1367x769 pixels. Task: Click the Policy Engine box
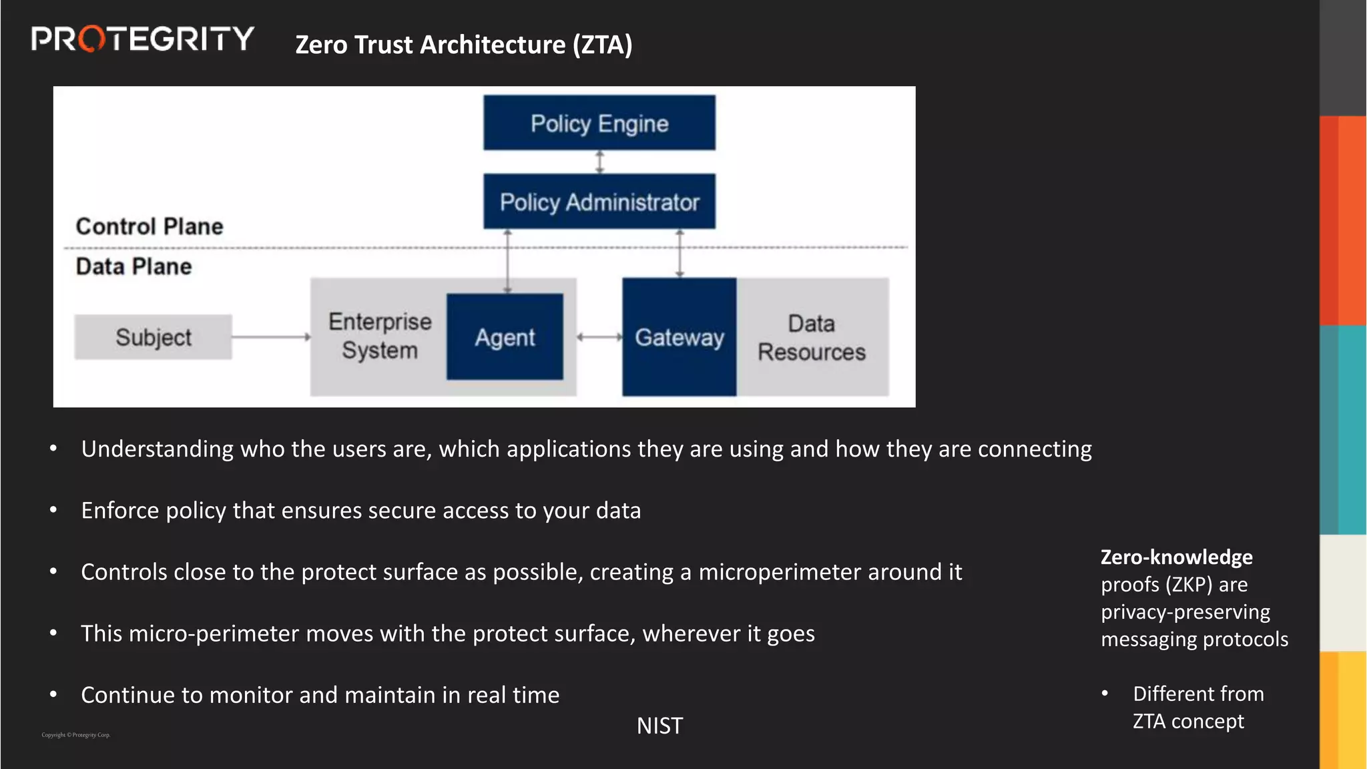tap(599, 123)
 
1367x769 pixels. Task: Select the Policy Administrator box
tap(599, 202)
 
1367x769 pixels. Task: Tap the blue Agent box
tap(505, 337)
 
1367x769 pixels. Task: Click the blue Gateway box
tap(679, 337)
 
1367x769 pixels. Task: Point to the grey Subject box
tap(153, 337)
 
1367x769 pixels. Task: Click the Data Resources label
tap(811, 338)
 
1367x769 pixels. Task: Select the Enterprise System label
tap(380, 336)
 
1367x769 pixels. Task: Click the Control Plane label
tap(150, 226)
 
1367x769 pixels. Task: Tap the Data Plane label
tap(133, 266)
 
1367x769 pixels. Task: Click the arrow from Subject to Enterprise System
tap(270, 337)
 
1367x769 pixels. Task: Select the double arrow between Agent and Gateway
tap(599, 337)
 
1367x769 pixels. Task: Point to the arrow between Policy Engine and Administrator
tap(599, 162)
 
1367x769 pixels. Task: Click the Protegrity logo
tap(142, 39)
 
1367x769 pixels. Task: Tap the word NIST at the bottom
tap(659, 726)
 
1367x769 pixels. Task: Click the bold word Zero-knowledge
tap(1176, 557)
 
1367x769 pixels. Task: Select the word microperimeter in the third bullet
tap(780, 572)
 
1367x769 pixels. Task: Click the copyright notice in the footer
tap(75, 735)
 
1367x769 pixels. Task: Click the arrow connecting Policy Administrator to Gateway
tap(679, 253)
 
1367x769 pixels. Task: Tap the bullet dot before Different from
tap(1105, 694)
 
